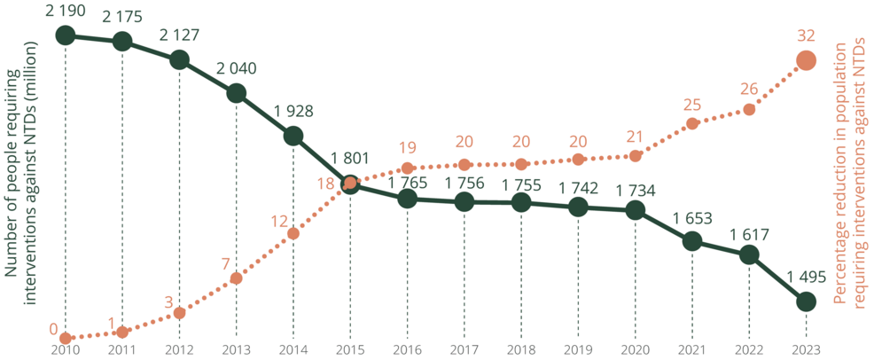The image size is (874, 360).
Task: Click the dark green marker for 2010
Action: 66,35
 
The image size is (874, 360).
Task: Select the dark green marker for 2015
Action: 350,184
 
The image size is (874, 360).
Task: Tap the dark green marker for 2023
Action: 806,302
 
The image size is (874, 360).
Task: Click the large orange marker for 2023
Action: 806,60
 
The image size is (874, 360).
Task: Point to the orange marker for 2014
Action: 293,233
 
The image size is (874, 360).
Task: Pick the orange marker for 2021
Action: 692,123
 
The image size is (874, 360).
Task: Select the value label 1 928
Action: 293,111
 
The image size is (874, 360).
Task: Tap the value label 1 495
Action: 806,277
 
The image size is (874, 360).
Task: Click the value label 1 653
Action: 692,216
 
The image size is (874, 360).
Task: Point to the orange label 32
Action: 806,35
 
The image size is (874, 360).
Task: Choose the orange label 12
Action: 280,220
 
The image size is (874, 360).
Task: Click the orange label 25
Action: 692,105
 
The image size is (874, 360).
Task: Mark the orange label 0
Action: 53,330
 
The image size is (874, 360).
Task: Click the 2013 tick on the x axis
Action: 236,350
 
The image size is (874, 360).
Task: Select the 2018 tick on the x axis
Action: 521,350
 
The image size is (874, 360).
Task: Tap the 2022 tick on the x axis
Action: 749,350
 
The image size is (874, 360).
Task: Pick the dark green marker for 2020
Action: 635,210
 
